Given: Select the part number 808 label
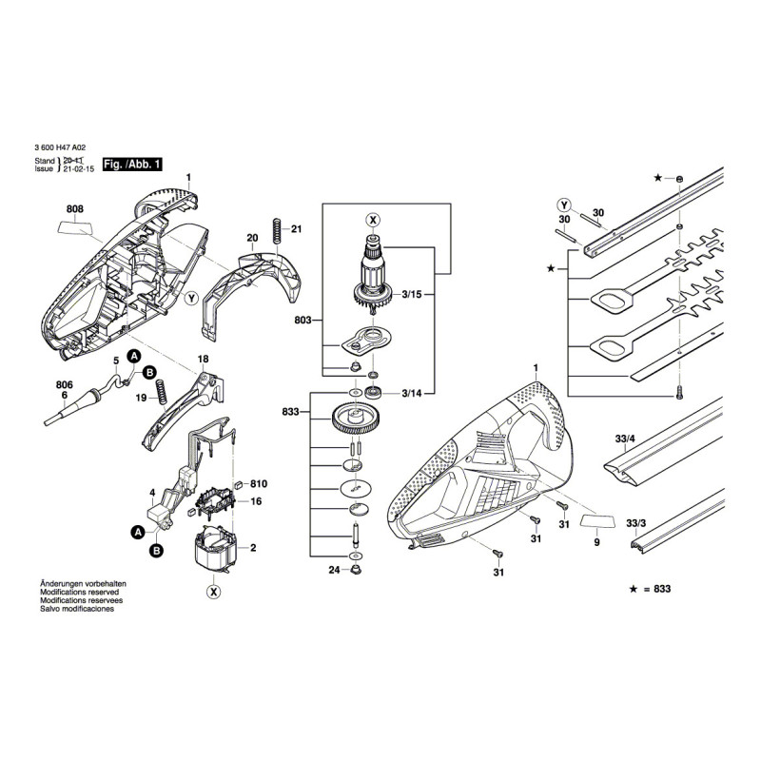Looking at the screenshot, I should pos(75,208).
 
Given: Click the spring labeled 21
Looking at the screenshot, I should pos(277,229).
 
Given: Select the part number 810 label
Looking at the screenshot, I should pos(257,484).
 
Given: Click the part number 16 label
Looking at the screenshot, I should pos(255,501).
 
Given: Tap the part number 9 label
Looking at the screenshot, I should pos(596,542).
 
